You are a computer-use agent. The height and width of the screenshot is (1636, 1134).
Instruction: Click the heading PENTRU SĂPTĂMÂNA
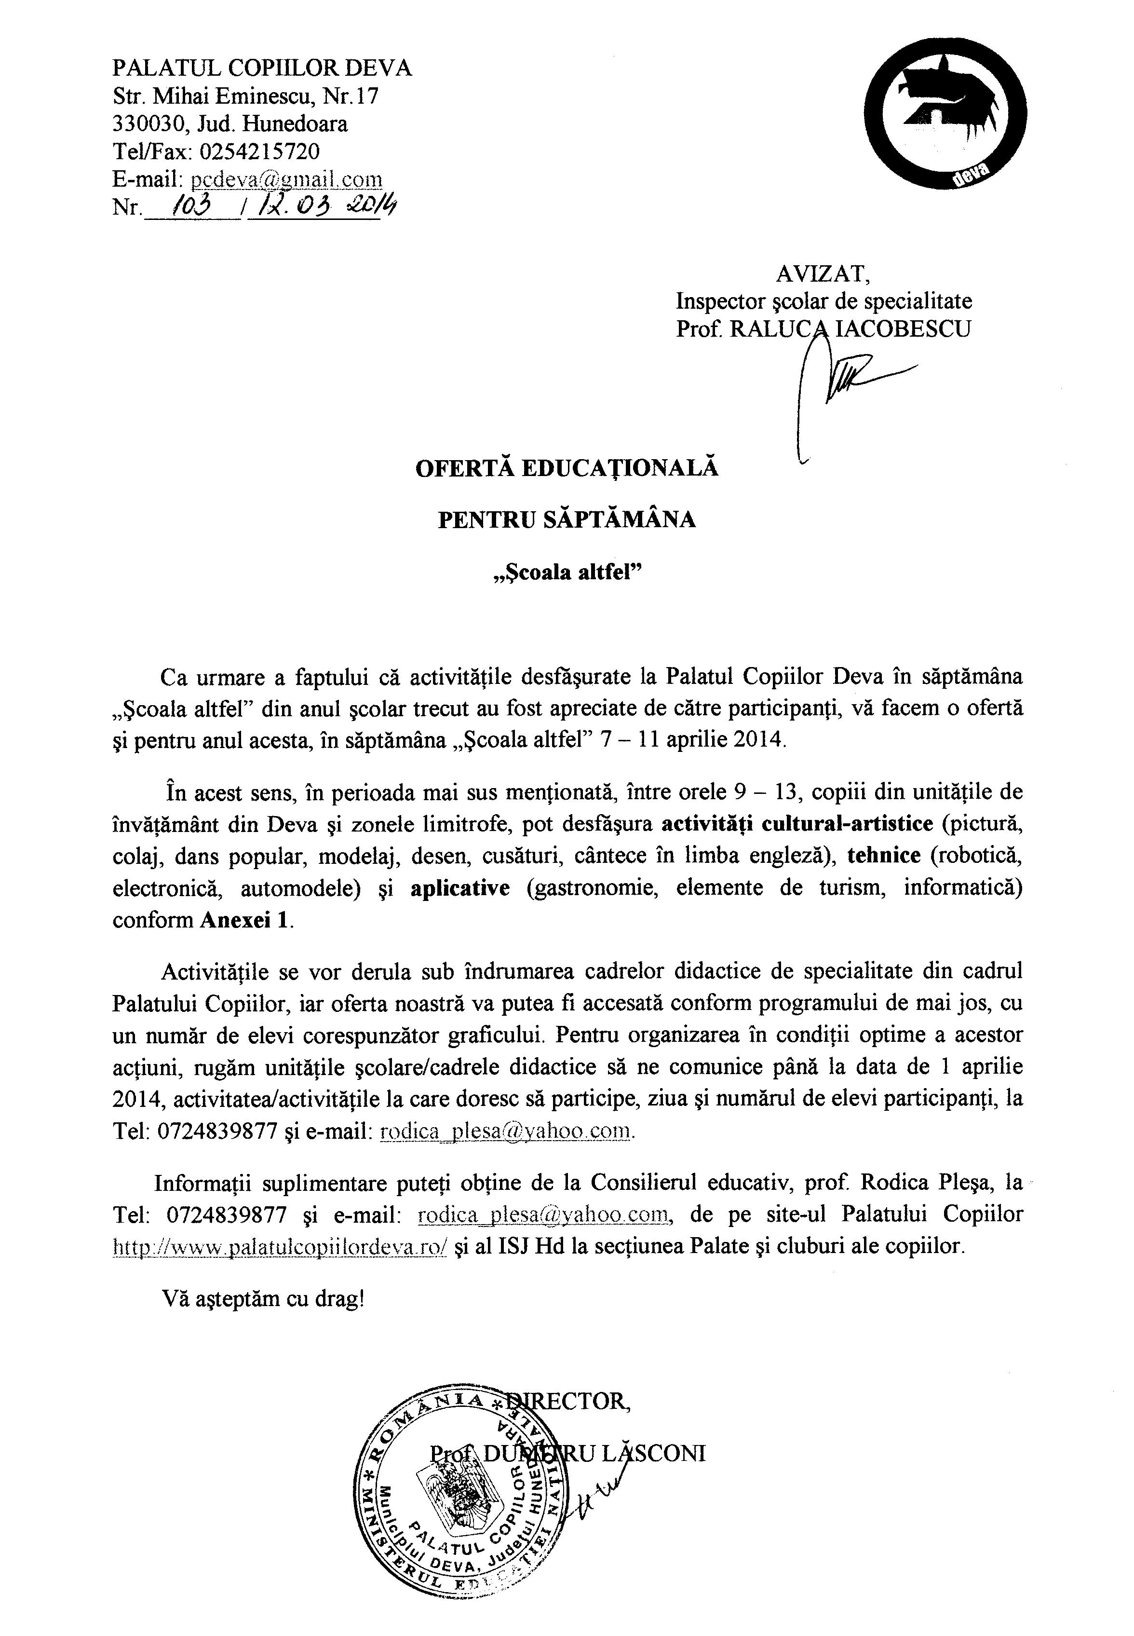coord(567,520)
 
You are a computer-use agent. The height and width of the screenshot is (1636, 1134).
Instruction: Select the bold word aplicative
coord(459,887)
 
